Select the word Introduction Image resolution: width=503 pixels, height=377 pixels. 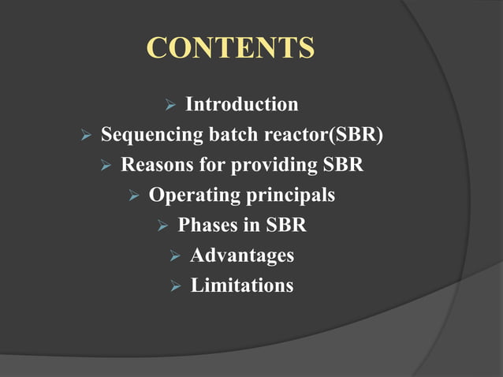point(241,104)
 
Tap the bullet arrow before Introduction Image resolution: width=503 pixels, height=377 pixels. point(168,106)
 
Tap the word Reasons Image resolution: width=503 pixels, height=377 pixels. point(156,165)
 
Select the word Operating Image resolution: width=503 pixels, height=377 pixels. point(192,195)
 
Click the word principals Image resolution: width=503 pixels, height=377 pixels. point(287,195)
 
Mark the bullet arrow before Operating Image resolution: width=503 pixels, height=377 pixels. point(132,196)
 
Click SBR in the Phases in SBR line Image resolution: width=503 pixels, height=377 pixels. point(285,225)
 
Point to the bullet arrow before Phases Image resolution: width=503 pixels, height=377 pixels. point(162,226)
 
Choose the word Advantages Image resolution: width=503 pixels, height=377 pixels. point(242,255)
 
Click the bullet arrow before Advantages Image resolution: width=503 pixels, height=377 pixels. point(174,256)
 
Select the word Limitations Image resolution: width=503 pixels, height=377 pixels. point(242,285)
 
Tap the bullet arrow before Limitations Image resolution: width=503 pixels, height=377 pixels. point(174,286)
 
